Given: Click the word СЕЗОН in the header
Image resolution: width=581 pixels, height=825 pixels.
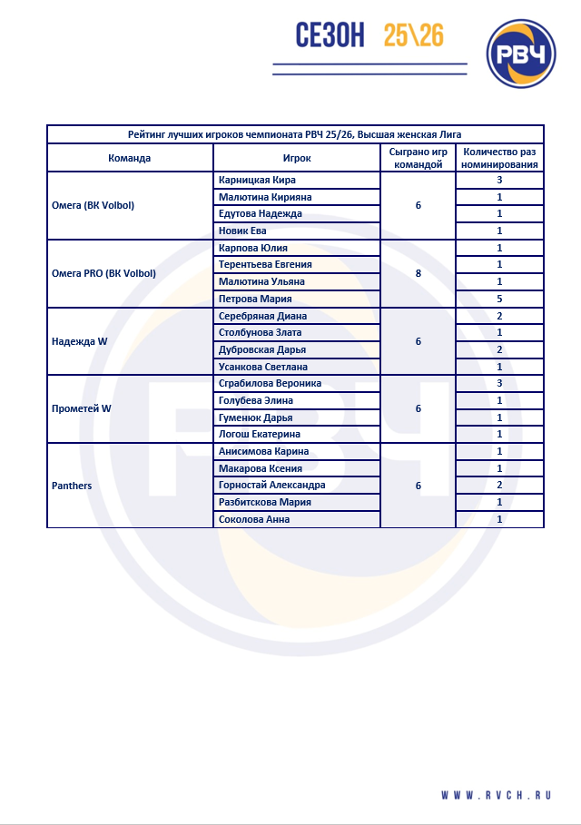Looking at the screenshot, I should click(x=330, y=35).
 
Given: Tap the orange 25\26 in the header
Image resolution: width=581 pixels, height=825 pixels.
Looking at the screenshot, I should click(x=413, y=35).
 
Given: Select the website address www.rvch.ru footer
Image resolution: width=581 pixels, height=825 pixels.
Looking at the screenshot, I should click(x=497, y=795).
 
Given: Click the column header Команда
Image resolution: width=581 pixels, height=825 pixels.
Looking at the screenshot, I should click(x=129, y=158).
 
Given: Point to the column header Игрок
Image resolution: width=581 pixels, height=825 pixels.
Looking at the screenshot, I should click(x=297, y=158).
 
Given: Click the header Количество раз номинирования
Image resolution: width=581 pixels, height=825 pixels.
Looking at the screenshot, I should click(x=499, y=158).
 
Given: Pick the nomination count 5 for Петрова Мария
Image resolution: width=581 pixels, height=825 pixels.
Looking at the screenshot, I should click(x=499, y=299).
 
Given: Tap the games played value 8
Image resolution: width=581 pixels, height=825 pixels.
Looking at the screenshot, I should click(x=418, y=273).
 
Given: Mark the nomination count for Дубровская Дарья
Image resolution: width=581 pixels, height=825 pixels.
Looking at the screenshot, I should click(x=499, y=349).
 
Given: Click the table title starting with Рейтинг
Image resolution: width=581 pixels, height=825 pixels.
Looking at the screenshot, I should click(x=295, y=134).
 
